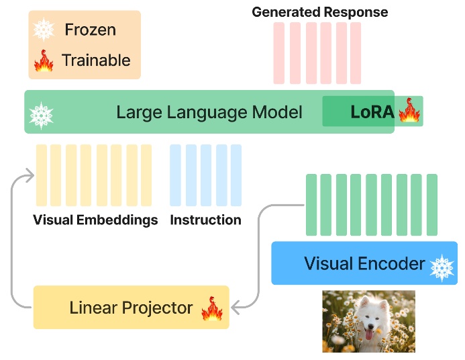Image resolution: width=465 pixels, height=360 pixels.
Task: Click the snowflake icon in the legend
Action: pyautogui.click(x=45, y=29)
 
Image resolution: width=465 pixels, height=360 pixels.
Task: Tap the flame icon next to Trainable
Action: pyautogui.click(x=44, y=60)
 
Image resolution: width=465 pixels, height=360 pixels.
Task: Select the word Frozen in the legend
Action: pyautogui.click(x=90, y=30)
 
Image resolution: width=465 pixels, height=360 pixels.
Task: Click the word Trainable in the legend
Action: pyautogui.click(x=95, y=60)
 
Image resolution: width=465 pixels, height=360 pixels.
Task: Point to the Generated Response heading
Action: pyautogui.click(x=319, y=12)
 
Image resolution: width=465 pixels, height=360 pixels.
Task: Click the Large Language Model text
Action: pyautogui.click(x=209, y=112)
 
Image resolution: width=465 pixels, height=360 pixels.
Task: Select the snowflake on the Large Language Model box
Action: pyautogui.click(x=42, y=116)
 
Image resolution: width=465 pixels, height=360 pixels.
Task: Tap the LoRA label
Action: pyautogui.click(x=372, y=112)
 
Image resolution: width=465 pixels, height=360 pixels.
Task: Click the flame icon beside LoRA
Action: pyautogui.click(x=409, y=110)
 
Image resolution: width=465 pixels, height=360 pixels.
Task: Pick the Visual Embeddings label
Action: pyautogui.click(x=95, y=220)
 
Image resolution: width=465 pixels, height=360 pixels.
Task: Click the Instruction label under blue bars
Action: pyautogui.click(x=205, y=220)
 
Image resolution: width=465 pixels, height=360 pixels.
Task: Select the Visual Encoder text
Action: pyautogui.click(x=364, y=263)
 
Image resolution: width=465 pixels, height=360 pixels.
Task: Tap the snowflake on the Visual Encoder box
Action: pyautogui.click(x=442, y=267)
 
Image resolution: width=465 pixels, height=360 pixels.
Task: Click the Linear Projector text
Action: pyautogui.click(x=131, y=308)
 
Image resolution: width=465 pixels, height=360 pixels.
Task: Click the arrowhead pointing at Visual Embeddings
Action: pyautogui.click(x=29, y=176)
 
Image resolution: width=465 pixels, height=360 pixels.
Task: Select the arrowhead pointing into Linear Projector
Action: pyautogui.click(x=236, y=308)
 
